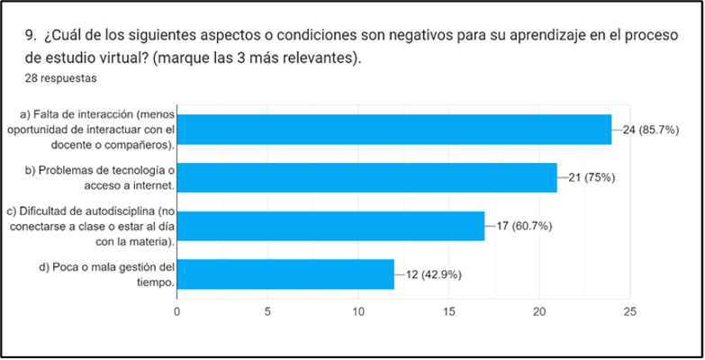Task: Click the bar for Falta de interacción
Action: pyautogui.click(x=393, y=130)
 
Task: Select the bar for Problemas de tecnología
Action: pyautogui.click(x=366, y=177)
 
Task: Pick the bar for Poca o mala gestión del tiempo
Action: pyautogui.click(x=285, y=274)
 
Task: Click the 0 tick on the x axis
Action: pyautogui.click(x=176, y=311)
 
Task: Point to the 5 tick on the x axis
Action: pyautogui.click(x=267, y=311)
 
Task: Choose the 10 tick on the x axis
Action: pyautogui.click(x=357, y=311)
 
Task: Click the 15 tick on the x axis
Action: pyautogui.click(x=448, y=311)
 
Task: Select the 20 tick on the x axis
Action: pyautogui.click(x=539, y=311)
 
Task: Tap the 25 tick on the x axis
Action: pyautogui.click(x=630, y=311)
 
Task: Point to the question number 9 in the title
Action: pyautogui.click(x=32, y=37)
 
